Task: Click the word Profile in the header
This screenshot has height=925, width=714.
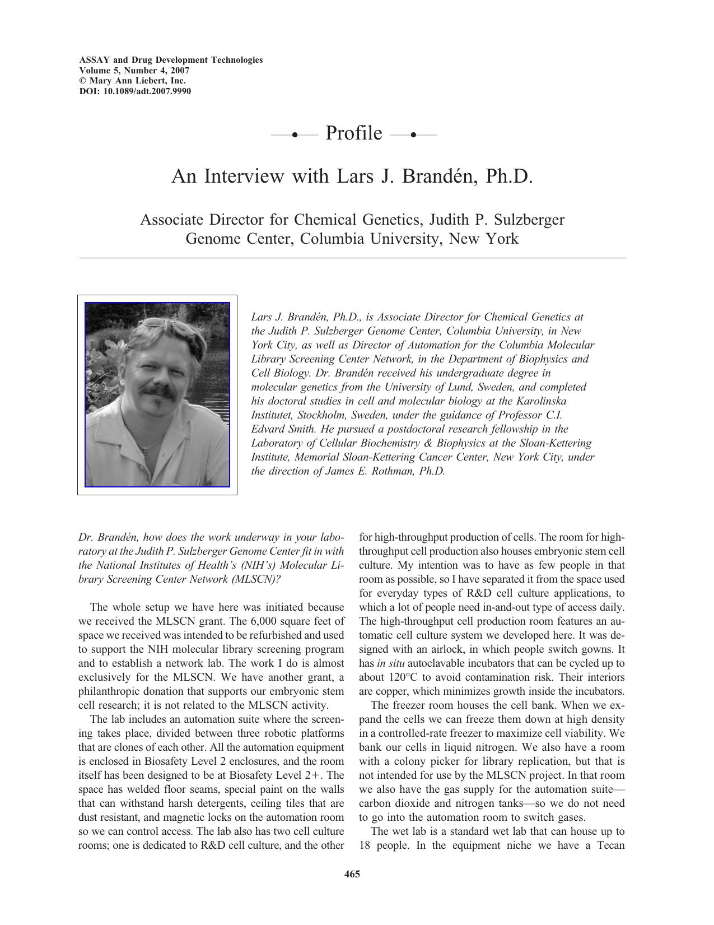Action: (x=353, y=133)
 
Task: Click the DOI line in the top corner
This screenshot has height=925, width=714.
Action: (x=135, y=91)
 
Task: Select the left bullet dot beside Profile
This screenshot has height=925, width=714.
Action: (x=295, y=134)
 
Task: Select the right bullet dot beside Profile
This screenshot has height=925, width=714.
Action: (x=413, y=134)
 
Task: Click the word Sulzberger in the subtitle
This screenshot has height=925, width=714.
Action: (x=523, y=219)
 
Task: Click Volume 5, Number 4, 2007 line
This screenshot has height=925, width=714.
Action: (x=134, y=71)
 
